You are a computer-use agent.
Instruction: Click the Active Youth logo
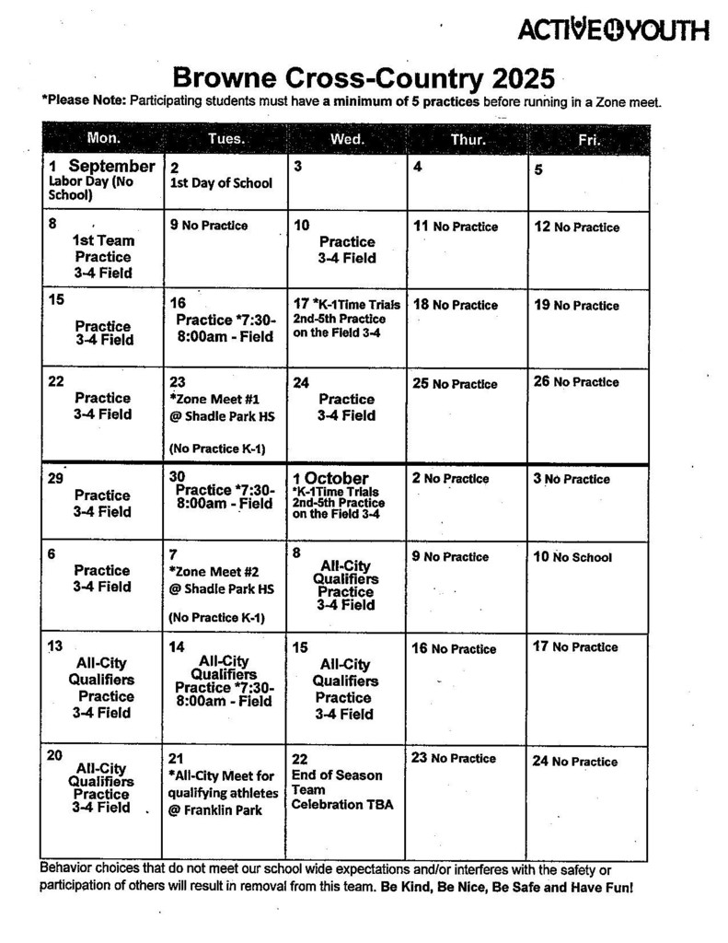614,30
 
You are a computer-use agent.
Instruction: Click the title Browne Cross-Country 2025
364,76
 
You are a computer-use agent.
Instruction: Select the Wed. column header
347,139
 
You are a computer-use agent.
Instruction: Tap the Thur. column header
468,139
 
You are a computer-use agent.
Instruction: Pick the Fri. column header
588,139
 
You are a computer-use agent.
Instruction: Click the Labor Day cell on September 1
101,180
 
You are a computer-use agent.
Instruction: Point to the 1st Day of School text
221,183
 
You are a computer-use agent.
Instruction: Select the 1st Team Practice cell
102,256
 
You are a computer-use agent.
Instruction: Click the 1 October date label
330,478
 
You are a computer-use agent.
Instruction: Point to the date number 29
55,478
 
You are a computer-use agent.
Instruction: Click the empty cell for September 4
467,184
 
